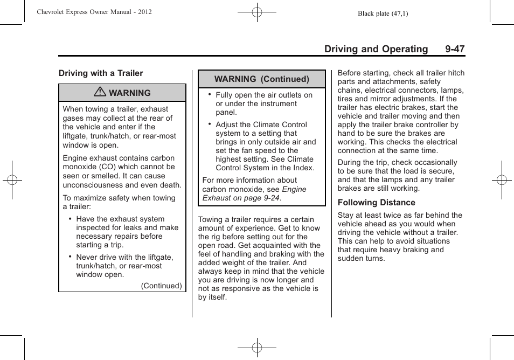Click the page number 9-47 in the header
pyautogui.click(x=455, y=49)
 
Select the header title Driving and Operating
pyautogui.click(x=376, y=49)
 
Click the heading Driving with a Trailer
pyautogui.click(x=101, y=73)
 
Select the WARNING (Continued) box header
pyautogui.click(x=262, y=79)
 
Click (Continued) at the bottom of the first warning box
pyautogui.click(x=161, y=286)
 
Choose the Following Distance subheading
pyautogui.click(x=376, y=203)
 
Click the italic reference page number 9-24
pyautogui.click(x=270, y=198)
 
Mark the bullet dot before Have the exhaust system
pyautogui.click(x=71, y=219)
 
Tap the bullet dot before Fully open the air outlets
pyautogui.click(x=210, y=94)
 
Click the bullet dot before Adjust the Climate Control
pyautogui.click(x=210, y=123)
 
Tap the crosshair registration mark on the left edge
pyautogui.click(x=12, y=180)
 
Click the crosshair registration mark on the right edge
pyautogui.click(x=501, y=180)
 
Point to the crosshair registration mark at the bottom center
pyautogui.click(x=257, y=348)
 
